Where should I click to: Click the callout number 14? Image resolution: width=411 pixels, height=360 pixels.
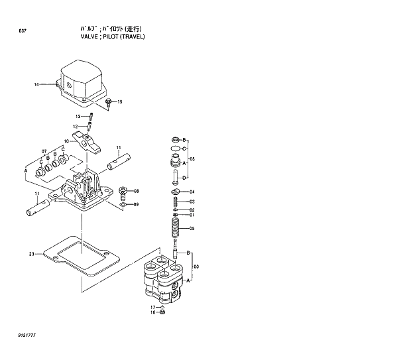coord(37,84)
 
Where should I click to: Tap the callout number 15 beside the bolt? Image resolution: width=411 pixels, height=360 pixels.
coord(119,102)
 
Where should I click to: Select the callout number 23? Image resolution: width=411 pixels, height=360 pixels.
coord(31,254)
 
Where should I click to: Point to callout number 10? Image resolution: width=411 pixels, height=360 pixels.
coord(66,141)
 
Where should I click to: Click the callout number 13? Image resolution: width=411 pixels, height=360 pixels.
coord(78,117)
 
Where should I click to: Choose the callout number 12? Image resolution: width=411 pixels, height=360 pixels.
coord(76,126)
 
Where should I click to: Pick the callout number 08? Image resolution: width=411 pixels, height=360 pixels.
coord(136,192)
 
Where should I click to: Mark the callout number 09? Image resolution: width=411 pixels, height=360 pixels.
coord(136,204)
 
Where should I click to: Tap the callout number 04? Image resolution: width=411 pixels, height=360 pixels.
coord(192,192)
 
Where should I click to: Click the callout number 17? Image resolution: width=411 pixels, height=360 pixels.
coord(152,307)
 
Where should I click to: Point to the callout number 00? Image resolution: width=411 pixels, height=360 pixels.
coord(196,267)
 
